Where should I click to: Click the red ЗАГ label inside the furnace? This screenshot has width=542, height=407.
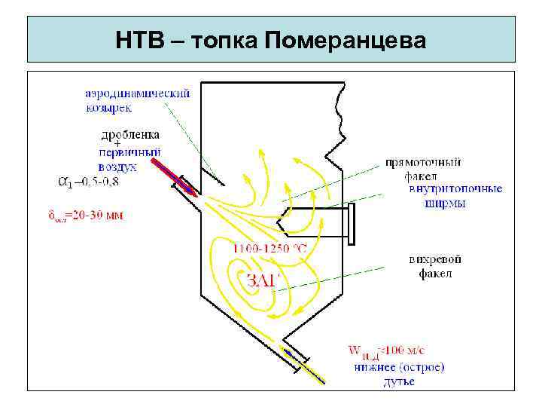263,280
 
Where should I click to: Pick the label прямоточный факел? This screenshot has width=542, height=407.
424,169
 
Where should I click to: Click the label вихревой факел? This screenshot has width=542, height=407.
435,266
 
